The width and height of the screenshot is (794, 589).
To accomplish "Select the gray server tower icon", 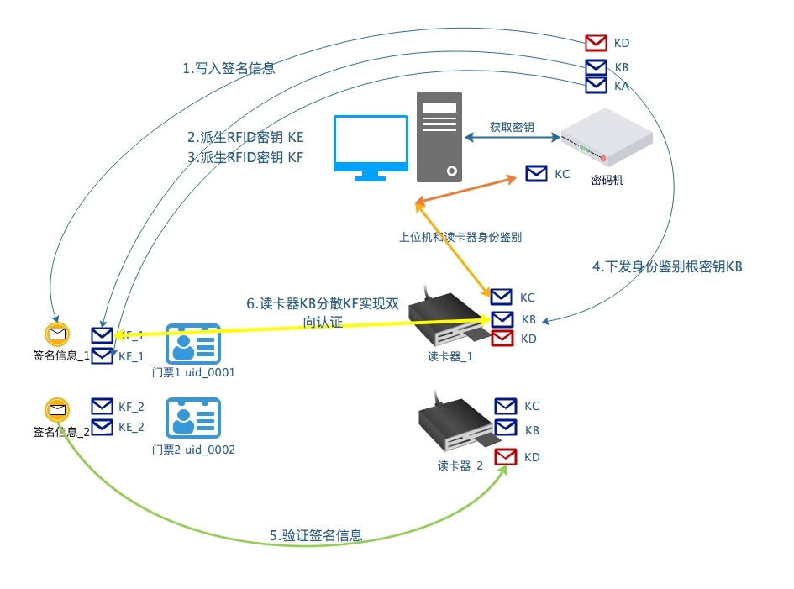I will [x=439, y=137].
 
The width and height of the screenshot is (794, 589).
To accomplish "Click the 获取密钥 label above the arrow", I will [x=512, y=128].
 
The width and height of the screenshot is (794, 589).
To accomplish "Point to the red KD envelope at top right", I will [x=596, y=43].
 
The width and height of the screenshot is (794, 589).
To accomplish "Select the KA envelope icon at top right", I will [x=596, y=85].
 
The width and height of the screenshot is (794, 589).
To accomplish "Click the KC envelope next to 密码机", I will [x=536, y=174].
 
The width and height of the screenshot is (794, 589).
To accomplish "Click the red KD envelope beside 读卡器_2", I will [x=506, y=457].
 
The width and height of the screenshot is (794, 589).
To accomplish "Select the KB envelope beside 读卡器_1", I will [x=502, y=319].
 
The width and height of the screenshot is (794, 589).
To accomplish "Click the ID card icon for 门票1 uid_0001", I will [x=193, y=342].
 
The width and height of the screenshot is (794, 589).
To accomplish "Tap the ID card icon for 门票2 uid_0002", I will [x=193, y=417].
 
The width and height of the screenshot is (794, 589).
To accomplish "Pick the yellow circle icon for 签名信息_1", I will [x=57, y=334].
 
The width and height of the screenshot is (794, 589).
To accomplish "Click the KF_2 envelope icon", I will [x=102, y=407].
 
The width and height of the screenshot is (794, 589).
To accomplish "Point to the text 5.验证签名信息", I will [x=316, y=535].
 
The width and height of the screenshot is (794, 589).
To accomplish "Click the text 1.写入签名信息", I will [x=229, y=69].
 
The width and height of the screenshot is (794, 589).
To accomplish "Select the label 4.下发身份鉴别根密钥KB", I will [x=667, y=266].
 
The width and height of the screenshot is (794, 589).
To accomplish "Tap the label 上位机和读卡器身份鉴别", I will [x=460, y=237].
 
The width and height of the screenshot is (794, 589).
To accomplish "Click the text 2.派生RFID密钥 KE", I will [x=245, y=137].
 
